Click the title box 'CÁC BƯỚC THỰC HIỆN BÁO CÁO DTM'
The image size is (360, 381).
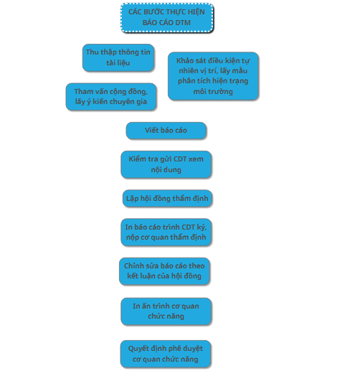167,17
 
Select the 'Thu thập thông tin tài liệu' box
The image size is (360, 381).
118,57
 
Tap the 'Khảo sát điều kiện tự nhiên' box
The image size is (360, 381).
213,76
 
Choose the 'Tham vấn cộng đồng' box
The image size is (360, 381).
110,96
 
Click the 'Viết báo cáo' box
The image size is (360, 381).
166,131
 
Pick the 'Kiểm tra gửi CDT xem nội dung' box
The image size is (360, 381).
166,164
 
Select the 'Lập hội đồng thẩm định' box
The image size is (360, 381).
167,199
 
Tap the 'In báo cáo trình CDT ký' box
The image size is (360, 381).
166,232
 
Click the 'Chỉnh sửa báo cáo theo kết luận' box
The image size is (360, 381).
164,271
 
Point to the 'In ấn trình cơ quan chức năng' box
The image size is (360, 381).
166,311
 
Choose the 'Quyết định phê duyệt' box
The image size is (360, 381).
166,354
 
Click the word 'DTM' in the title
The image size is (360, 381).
183,23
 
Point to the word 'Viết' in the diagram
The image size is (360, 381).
151,131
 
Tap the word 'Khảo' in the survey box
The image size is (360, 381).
184,60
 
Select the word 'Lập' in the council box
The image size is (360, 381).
133,199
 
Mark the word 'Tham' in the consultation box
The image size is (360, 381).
82,91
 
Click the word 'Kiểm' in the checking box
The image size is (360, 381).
136,159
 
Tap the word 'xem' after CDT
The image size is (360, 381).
196,159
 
